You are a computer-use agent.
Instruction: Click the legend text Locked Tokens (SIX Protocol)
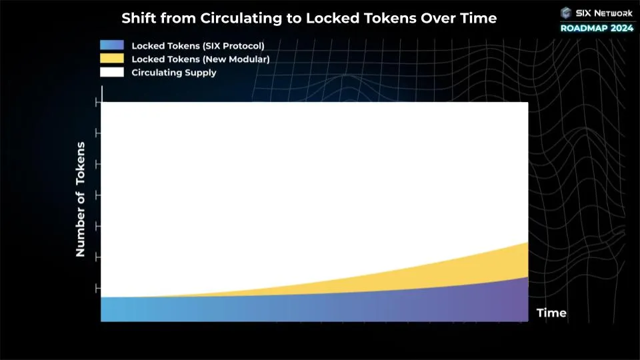click(198, 46)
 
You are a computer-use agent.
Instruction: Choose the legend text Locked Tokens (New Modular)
click(200, 59)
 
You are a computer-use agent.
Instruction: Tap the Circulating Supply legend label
click(174, 73)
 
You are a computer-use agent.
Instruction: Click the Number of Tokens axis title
click(81, 199)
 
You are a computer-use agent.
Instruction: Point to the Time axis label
click(551, 313)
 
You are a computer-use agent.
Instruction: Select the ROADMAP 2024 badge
click(596, 27)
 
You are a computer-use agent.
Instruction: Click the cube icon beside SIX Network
click(567, 12)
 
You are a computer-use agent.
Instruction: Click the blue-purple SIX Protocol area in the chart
click(300, 308)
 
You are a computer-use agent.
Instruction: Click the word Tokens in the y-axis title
click(81, 163)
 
